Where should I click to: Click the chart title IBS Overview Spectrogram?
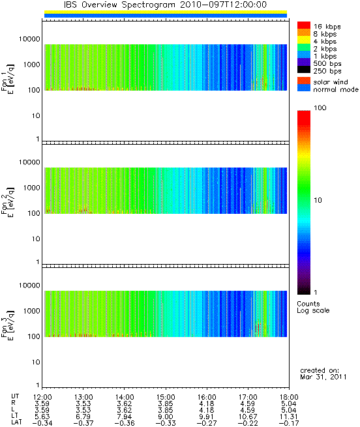(x=119, y=5)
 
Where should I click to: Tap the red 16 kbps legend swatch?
(x=304, y=25)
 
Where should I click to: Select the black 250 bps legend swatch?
(x=304, y=70)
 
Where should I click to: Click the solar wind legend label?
(x=331, y=82)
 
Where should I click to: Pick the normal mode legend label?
(x=336, y=89)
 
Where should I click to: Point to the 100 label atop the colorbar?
(x=320, y=108)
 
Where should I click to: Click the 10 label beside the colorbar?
(x=318, y=200)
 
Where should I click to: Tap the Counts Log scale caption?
(x=313, y=307)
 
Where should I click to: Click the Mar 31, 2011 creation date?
(x=323, y=377)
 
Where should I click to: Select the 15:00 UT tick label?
(x=166, y=397)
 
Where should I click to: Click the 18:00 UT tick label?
(x=289, y=397)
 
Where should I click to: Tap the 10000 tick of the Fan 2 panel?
(x=29, y=162)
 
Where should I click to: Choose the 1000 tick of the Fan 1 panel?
(x=31, y=65)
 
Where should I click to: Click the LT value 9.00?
(x=166, y=417)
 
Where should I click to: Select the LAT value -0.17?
(x=289, y=424)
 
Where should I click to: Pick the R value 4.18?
(x=207, y=404)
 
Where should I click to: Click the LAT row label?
(x=16, y=423)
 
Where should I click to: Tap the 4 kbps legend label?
(x=325, y=42)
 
